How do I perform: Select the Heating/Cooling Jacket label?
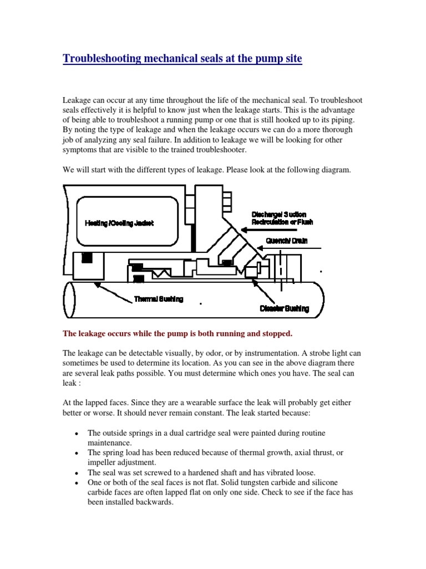point(119,223)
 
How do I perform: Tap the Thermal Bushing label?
point(159,299)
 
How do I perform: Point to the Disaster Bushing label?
point(285,308)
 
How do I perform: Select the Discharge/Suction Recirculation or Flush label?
point(278,218)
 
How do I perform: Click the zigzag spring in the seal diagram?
point(163,273)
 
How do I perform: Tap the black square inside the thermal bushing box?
point(87,258)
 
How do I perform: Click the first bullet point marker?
point(76,433)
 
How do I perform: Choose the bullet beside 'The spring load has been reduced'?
point(76,453)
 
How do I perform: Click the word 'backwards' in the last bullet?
point(159,502)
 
